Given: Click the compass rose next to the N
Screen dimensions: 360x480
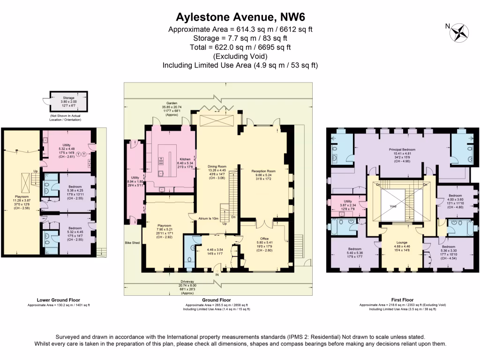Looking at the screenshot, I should tap(459, 33).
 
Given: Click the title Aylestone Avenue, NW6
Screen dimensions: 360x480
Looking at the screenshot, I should tap(240, 17).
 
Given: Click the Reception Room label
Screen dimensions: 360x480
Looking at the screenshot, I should tap(263, 171).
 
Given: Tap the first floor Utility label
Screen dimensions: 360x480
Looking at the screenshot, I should tap(347, 200).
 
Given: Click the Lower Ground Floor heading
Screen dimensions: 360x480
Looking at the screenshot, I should tap(59, 300).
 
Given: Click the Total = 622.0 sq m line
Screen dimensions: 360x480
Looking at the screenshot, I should tap(240, 47).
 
